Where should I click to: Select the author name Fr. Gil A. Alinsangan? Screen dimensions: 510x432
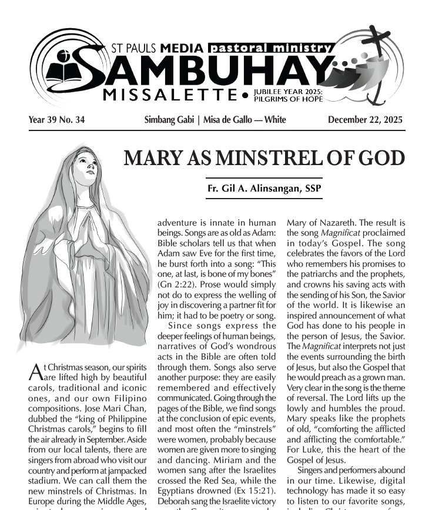[x=264, y=189]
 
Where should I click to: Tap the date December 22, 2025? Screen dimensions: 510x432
[x=365, y=120]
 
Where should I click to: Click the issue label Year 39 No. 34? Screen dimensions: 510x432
[x=56, y=120]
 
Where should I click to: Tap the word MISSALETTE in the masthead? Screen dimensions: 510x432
[x=170, y=95]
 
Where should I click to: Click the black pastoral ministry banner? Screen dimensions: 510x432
[x=271, y=48]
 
